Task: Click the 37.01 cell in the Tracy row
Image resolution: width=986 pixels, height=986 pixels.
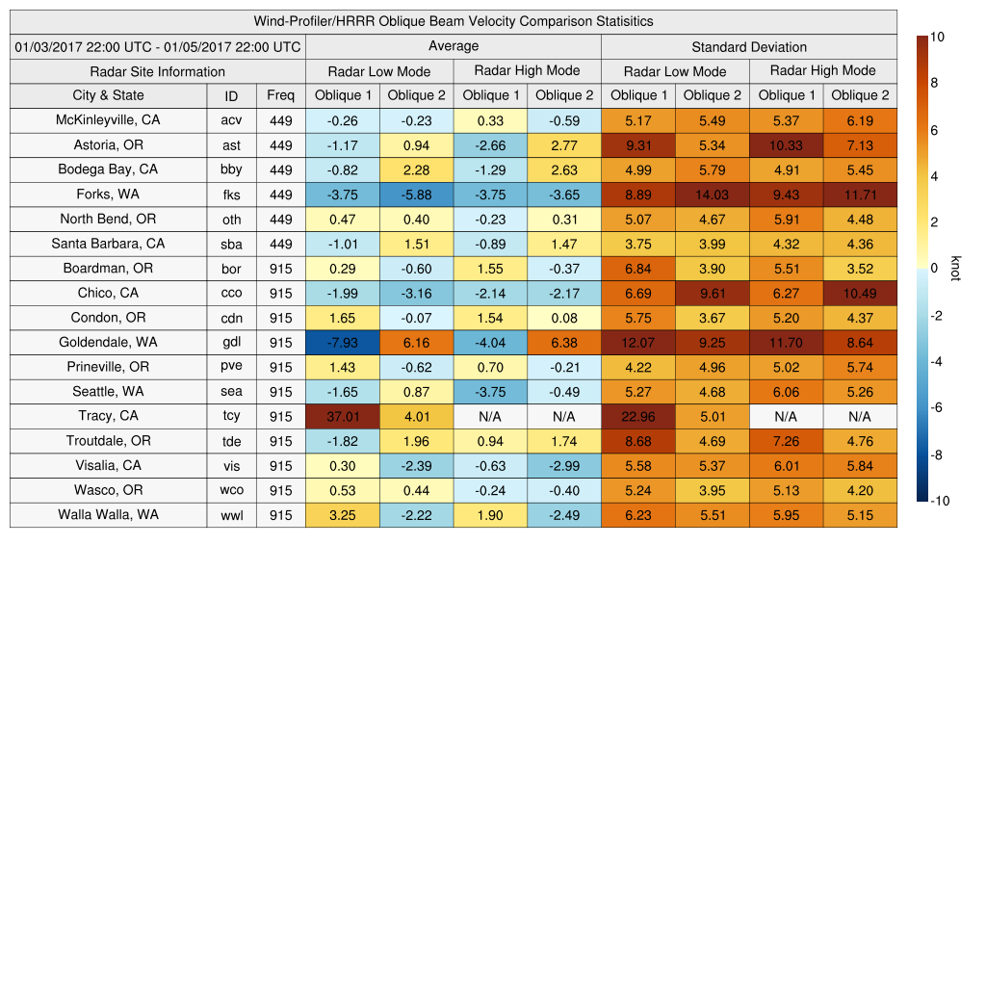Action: [x=342, y=416]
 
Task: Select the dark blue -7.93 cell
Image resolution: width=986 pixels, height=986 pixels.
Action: [x=342, y=342]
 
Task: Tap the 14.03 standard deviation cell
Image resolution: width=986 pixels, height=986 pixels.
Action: [x=712, y=194]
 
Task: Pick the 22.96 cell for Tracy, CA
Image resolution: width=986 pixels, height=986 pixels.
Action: [x=637, y=416]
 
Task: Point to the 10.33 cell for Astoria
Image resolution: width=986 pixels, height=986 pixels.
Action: [x=786, y=144]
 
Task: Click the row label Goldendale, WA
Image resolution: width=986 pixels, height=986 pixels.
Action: [x=108, y=342]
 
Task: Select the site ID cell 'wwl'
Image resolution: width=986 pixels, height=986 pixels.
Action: [x=231, y=515]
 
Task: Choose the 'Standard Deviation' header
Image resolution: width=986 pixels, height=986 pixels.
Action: [x=749, y=47]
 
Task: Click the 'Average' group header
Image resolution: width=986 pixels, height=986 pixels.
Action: [x=453, y=46]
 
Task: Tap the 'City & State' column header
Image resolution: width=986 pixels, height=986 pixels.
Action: [x=108, y=95]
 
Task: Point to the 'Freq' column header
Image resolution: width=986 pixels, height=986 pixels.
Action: [x=280, y=95]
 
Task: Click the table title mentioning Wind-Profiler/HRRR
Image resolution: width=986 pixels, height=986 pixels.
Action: [x=453, y=21]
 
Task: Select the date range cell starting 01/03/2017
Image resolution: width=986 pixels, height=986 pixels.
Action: [x=157, y=46]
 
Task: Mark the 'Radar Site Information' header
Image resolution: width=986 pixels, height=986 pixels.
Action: [x=157, y=71]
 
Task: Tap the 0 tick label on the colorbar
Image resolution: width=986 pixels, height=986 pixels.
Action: [x=935, y=269]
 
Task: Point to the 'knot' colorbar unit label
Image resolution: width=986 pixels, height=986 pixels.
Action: [x=955, y=269]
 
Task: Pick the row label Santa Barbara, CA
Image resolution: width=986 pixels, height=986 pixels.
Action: [x=108, y=244]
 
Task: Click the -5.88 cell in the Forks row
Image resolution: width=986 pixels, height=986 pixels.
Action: [x=416, y=194]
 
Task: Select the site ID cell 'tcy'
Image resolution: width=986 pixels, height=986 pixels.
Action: [x=231, y=416]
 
